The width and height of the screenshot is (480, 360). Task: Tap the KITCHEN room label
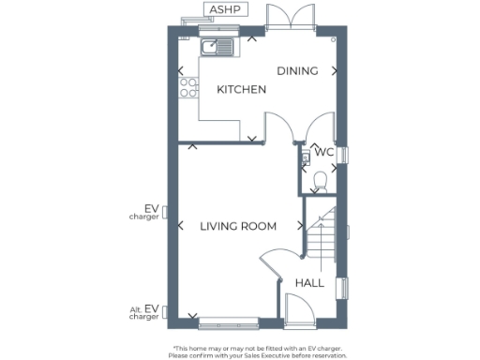point(242,90)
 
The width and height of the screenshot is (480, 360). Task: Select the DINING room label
point(297,70)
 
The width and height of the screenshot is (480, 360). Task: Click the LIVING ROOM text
point(238,226)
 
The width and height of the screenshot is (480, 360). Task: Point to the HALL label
point(309,282)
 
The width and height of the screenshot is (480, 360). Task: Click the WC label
point(323,151)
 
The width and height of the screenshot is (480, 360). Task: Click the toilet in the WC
point(320,179)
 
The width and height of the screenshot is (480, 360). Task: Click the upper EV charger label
point(145,212)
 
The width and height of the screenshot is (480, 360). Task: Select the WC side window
point(344,154)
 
